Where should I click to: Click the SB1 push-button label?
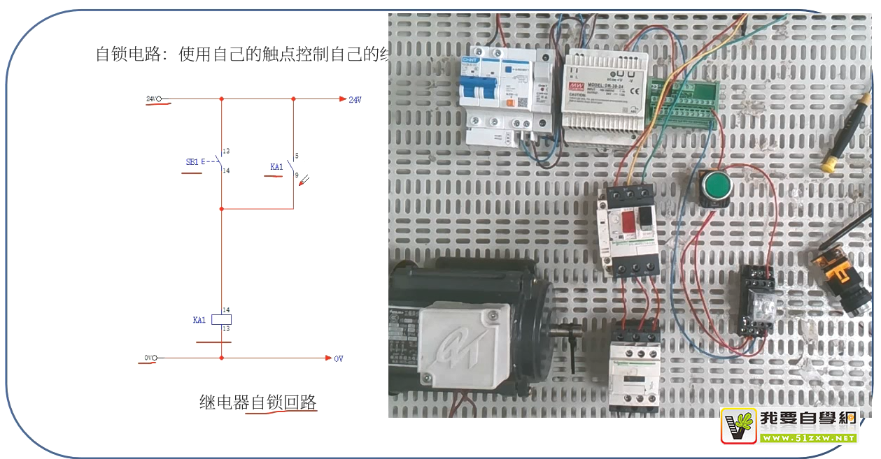[x=192, y=162]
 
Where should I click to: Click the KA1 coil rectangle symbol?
[x=221, y=320]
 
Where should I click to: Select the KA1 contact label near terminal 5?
[x=276, y=167]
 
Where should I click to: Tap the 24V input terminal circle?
[x=159, y=99]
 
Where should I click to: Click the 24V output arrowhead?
[x=341, y=99]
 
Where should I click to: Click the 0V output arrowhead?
[x=328, y=358]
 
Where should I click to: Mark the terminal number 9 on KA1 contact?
[x=297, y=175]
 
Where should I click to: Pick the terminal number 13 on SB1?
[x=226, y=152]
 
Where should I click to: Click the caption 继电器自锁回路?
[x=258, y=402]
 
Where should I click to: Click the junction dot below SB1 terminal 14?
[x=221, y=209]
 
